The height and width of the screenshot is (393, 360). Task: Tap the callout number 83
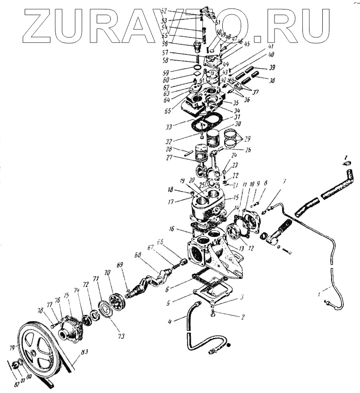pyautogui.click(x=84, y=353)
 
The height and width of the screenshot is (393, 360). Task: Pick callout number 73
pyautogui.click(x=122, y=335)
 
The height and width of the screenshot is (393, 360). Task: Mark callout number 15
pyautogui.click(x=236, y=197)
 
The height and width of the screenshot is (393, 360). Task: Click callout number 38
pyautogui.click(x=271, y=82)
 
